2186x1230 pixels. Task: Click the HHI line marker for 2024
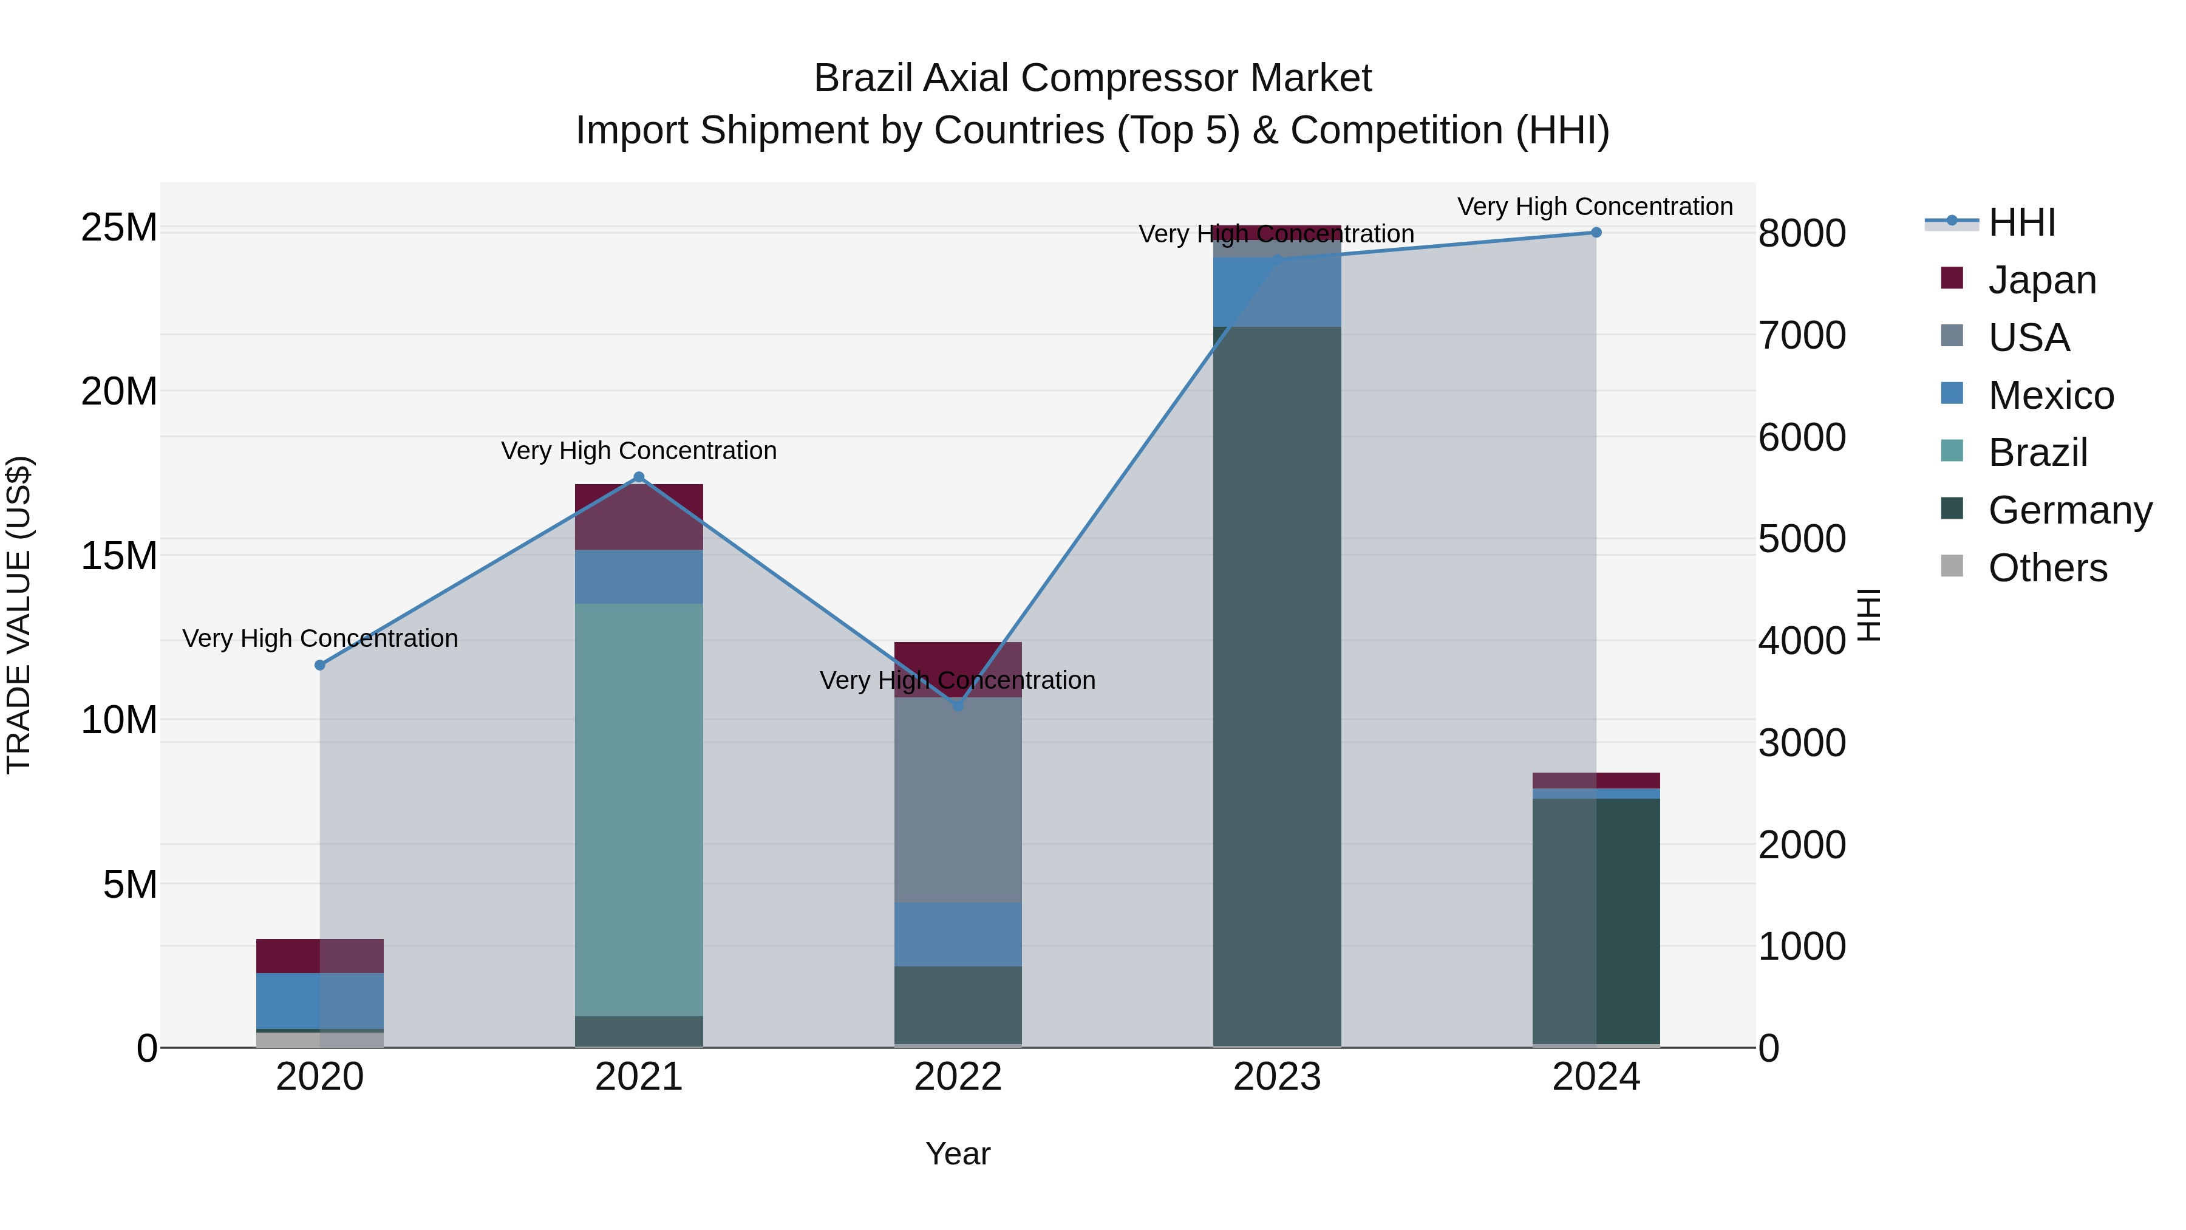1595,233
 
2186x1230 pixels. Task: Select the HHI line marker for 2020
320,666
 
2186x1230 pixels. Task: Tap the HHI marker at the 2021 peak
639,477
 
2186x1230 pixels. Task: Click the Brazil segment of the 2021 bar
639,807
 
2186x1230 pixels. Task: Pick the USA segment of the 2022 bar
958,798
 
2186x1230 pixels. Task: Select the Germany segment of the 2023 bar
1277,679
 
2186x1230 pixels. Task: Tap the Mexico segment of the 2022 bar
958,934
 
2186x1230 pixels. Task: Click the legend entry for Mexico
2050,395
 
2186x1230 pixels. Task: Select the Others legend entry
2047,568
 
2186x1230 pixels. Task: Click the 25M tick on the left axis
119,228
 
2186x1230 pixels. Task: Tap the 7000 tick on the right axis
1801,335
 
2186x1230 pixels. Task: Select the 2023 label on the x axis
1277,1077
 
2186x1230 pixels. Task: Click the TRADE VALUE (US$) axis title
19,615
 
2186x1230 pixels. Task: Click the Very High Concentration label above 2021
639,451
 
